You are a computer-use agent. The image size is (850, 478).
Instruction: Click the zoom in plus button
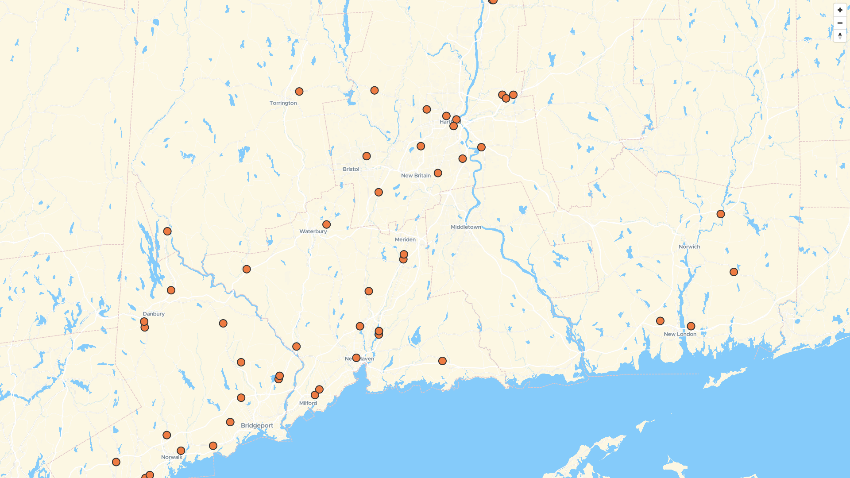[840, 10]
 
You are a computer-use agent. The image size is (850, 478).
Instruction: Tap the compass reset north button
[840, 36]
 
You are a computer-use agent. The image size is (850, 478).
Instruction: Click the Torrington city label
[283, 103]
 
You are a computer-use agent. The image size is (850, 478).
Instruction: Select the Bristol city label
[351, 169]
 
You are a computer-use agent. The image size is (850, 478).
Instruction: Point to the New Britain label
[416, 176]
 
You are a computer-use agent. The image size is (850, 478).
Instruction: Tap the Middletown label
[466, 227]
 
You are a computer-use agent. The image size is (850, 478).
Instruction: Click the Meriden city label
[405, 239]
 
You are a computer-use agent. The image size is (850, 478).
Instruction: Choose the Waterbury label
[313, 231]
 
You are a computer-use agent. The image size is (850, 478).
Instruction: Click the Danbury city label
[154, 314]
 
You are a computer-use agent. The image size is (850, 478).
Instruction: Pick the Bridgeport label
[257, 425]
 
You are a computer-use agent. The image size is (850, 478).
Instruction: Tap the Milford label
[308, 403]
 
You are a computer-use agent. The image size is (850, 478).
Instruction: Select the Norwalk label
[172, 457]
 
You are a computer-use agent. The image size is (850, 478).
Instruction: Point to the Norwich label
[689, 247]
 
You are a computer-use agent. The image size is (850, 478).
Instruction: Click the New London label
[680, 334]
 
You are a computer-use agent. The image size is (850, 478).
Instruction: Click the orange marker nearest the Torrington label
[299, 92]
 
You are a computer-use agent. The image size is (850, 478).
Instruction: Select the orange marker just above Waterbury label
[326, 224]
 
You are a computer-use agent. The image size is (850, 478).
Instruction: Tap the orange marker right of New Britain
[438, 173]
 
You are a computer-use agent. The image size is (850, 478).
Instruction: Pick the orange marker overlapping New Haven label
[356, 358]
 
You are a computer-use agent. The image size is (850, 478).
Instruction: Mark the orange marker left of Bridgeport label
[230, 422]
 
